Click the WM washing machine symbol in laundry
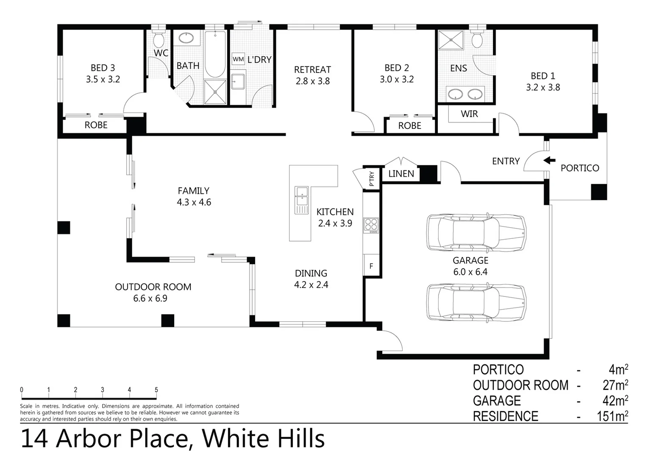(x=238, y=59)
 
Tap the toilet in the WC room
(x=159, y=39)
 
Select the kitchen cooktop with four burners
(x=371, y=225)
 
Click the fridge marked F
(x=371, y=266)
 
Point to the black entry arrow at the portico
(x=549, y=160)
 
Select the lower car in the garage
(x=476, y=302)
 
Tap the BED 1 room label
(x=543, y=76)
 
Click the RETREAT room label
(x=312, y=70)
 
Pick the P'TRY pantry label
(x=372, y=179)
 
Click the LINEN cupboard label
(x=401, y=173)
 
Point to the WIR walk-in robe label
(x=469, y=114)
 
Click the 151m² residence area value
(x=612, y=416)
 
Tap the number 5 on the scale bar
(x=156, y=390)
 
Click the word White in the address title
(x=232, y=439)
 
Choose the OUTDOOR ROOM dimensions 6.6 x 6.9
(x=150, y=299)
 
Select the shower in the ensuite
(x=451, y=41)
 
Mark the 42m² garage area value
(x=615, y=400)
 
